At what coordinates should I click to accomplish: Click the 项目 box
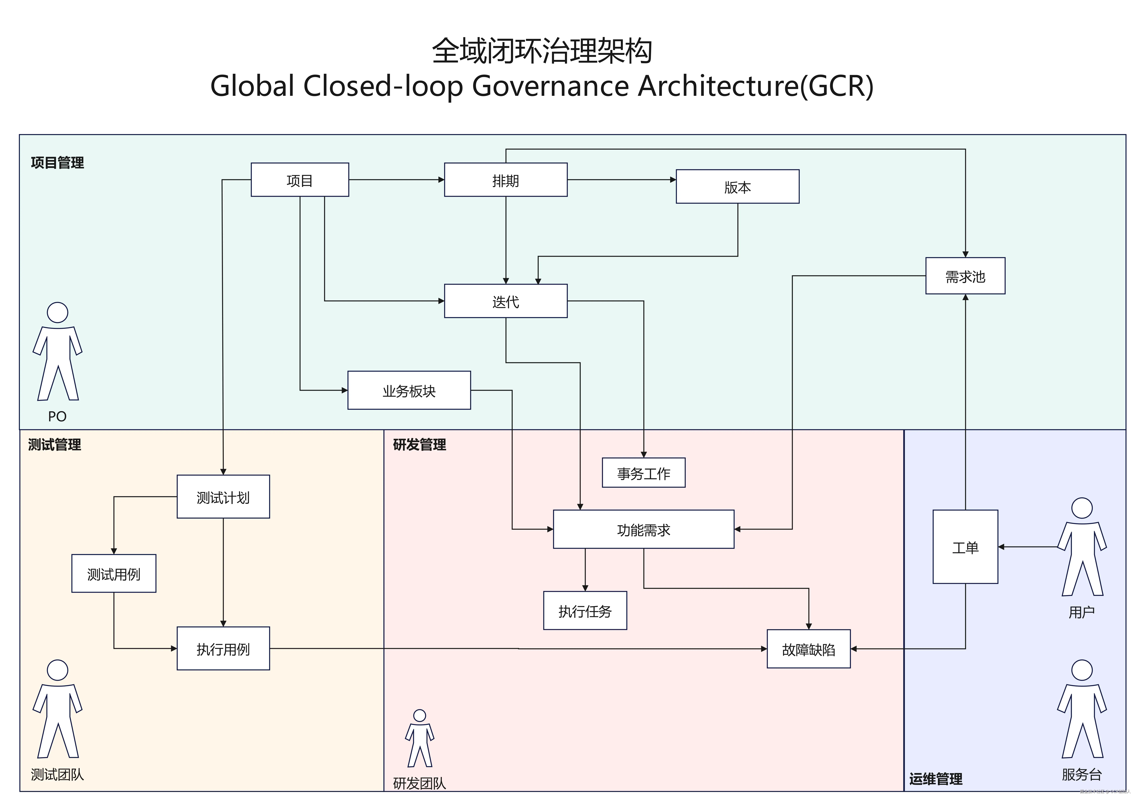(299, 180)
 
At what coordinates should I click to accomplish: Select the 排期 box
(506, 180)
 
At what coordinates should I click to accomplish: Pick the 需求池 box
(965, 276)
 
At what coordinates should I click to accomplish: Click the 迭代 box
(506, 301)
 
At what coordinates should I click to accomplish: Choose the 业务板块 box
(409, 390)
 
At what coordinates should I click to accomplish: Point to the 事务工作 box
(643, 473)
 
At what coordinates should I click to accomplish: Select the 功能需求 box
(643, 529)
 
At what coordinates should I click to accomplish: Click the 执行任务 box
(585, 611)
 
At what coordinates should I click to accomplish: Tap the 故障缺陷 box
(808, 649)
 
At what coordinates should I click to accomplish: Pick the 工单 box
(965, 547)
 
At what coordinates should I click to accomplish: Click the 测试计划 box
(223, 497)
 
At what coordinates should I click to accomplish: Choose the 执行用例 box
(223, 649)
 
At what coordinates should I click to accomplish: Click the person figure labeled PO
(58, 352)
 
